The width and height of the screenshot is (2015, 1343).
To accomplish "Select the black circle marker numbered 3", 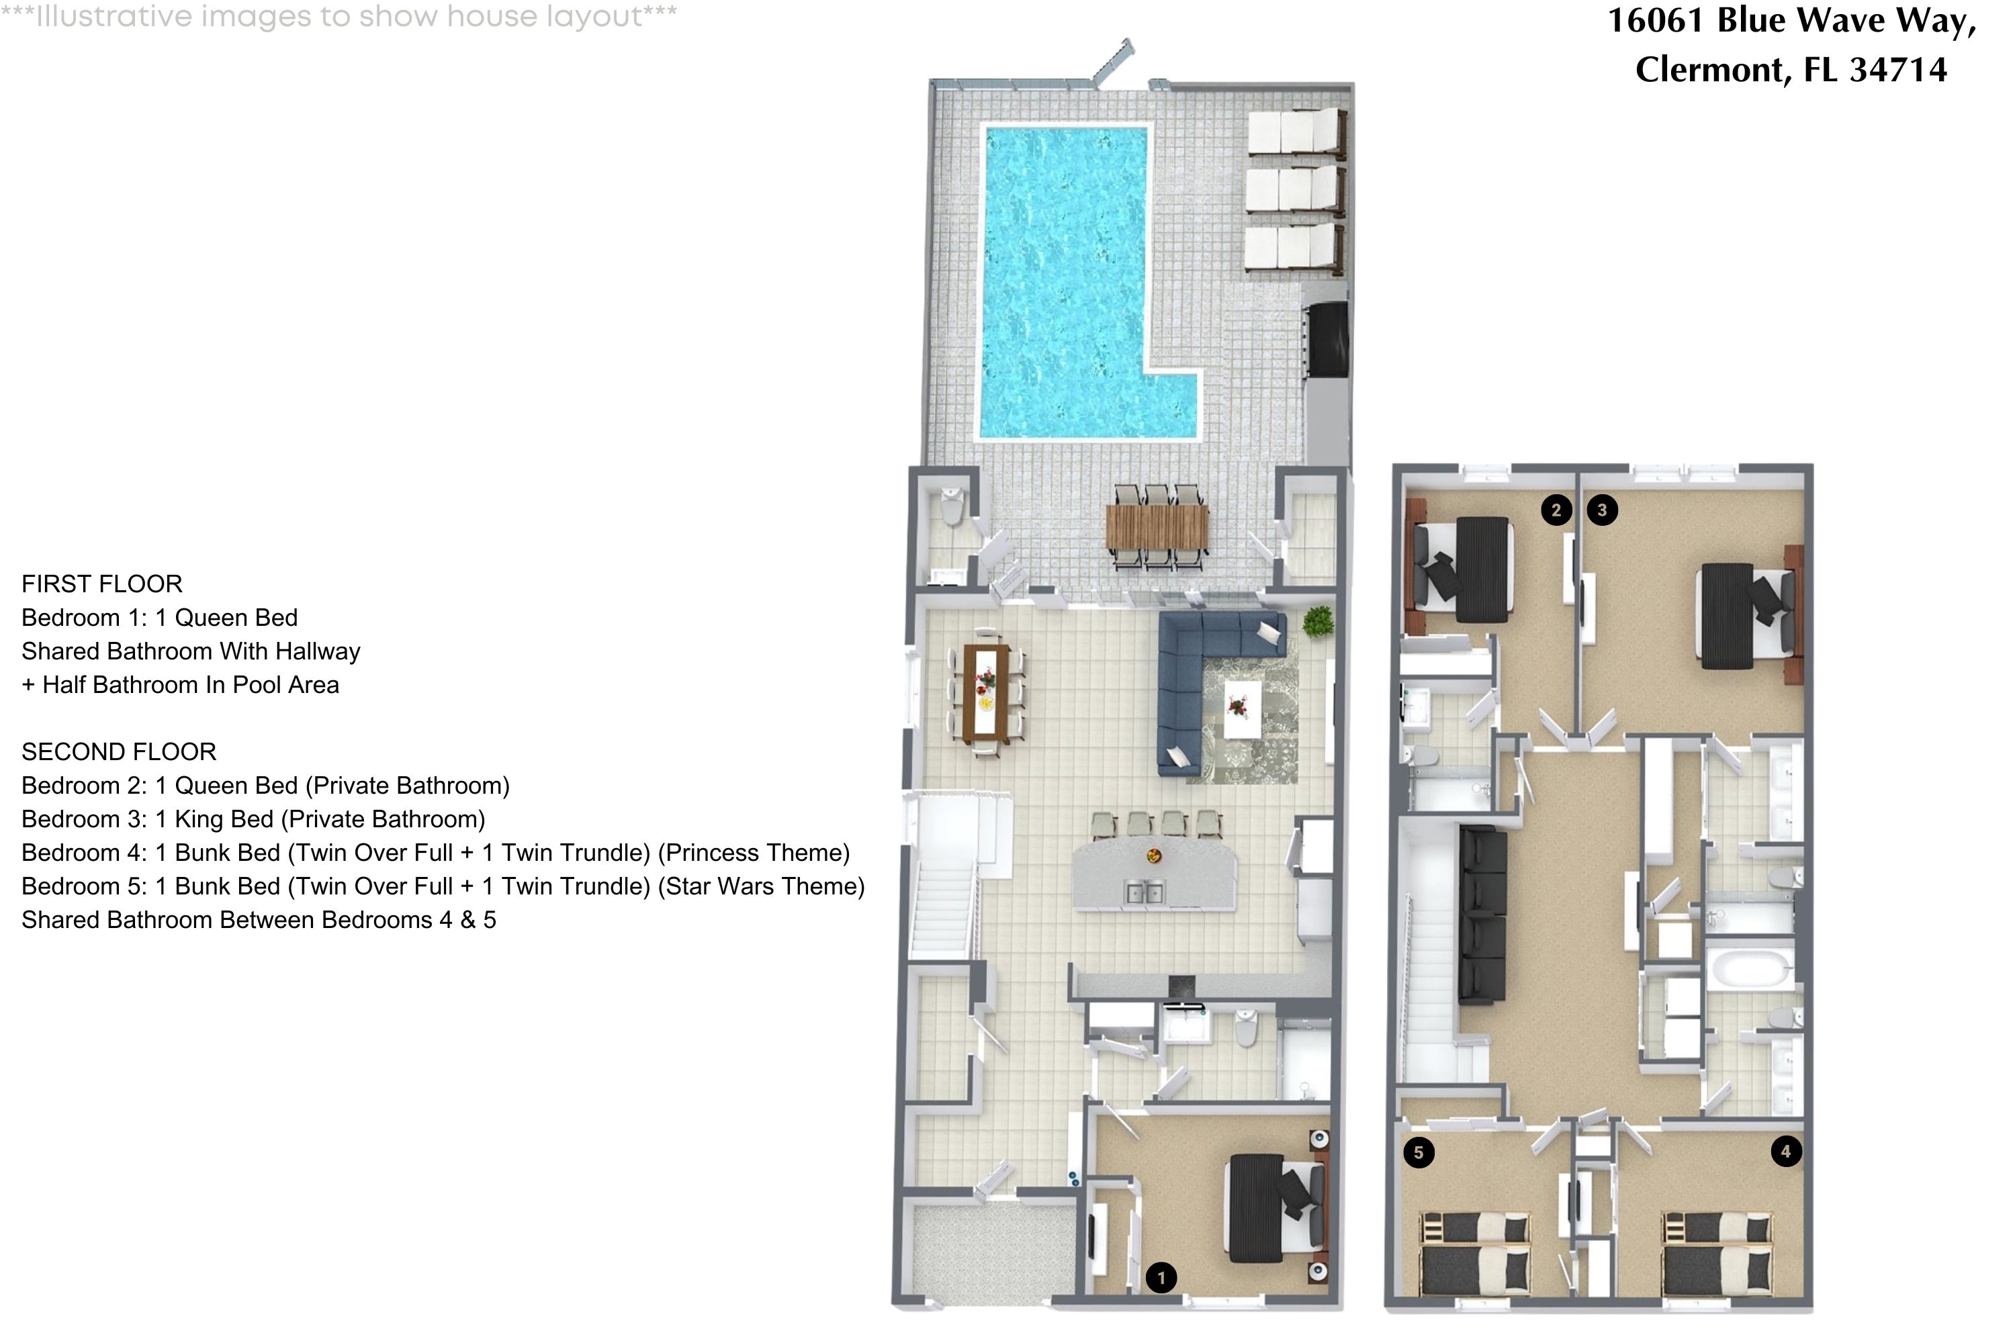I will (x=1602, y=510).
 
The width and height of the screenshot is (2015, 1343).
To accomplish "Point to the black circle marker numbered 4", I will (x=1786, y=1151).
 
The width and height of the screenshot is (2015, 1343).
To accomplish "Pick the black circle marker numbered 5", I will (x=1419, y=1152).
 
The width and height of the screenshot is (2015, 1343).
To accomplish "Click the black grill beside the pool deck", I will (x=1327, y=339).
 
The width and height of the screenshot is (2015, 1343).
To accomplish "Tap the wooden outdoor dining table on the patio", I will (x=1157, y=526).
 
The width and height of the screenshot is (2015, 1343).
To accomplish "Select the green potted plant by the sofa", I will (x=1318, y=621).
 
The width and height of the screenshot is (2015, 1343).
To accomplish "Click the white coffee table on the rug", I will (x=1242, y=708).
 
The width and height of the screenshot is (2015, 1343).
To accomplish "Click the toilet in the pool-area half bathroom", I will (x=951, y=507).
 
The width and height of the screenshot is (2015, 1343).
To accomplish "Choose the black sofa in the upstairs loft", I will (x=1482, y=915).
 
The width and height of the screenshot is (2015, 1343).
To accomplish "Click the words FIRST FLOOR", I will (x=102, y=584).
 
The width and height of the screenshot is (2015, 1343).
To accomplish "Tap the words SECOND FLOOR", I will (x=119, y=752).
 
